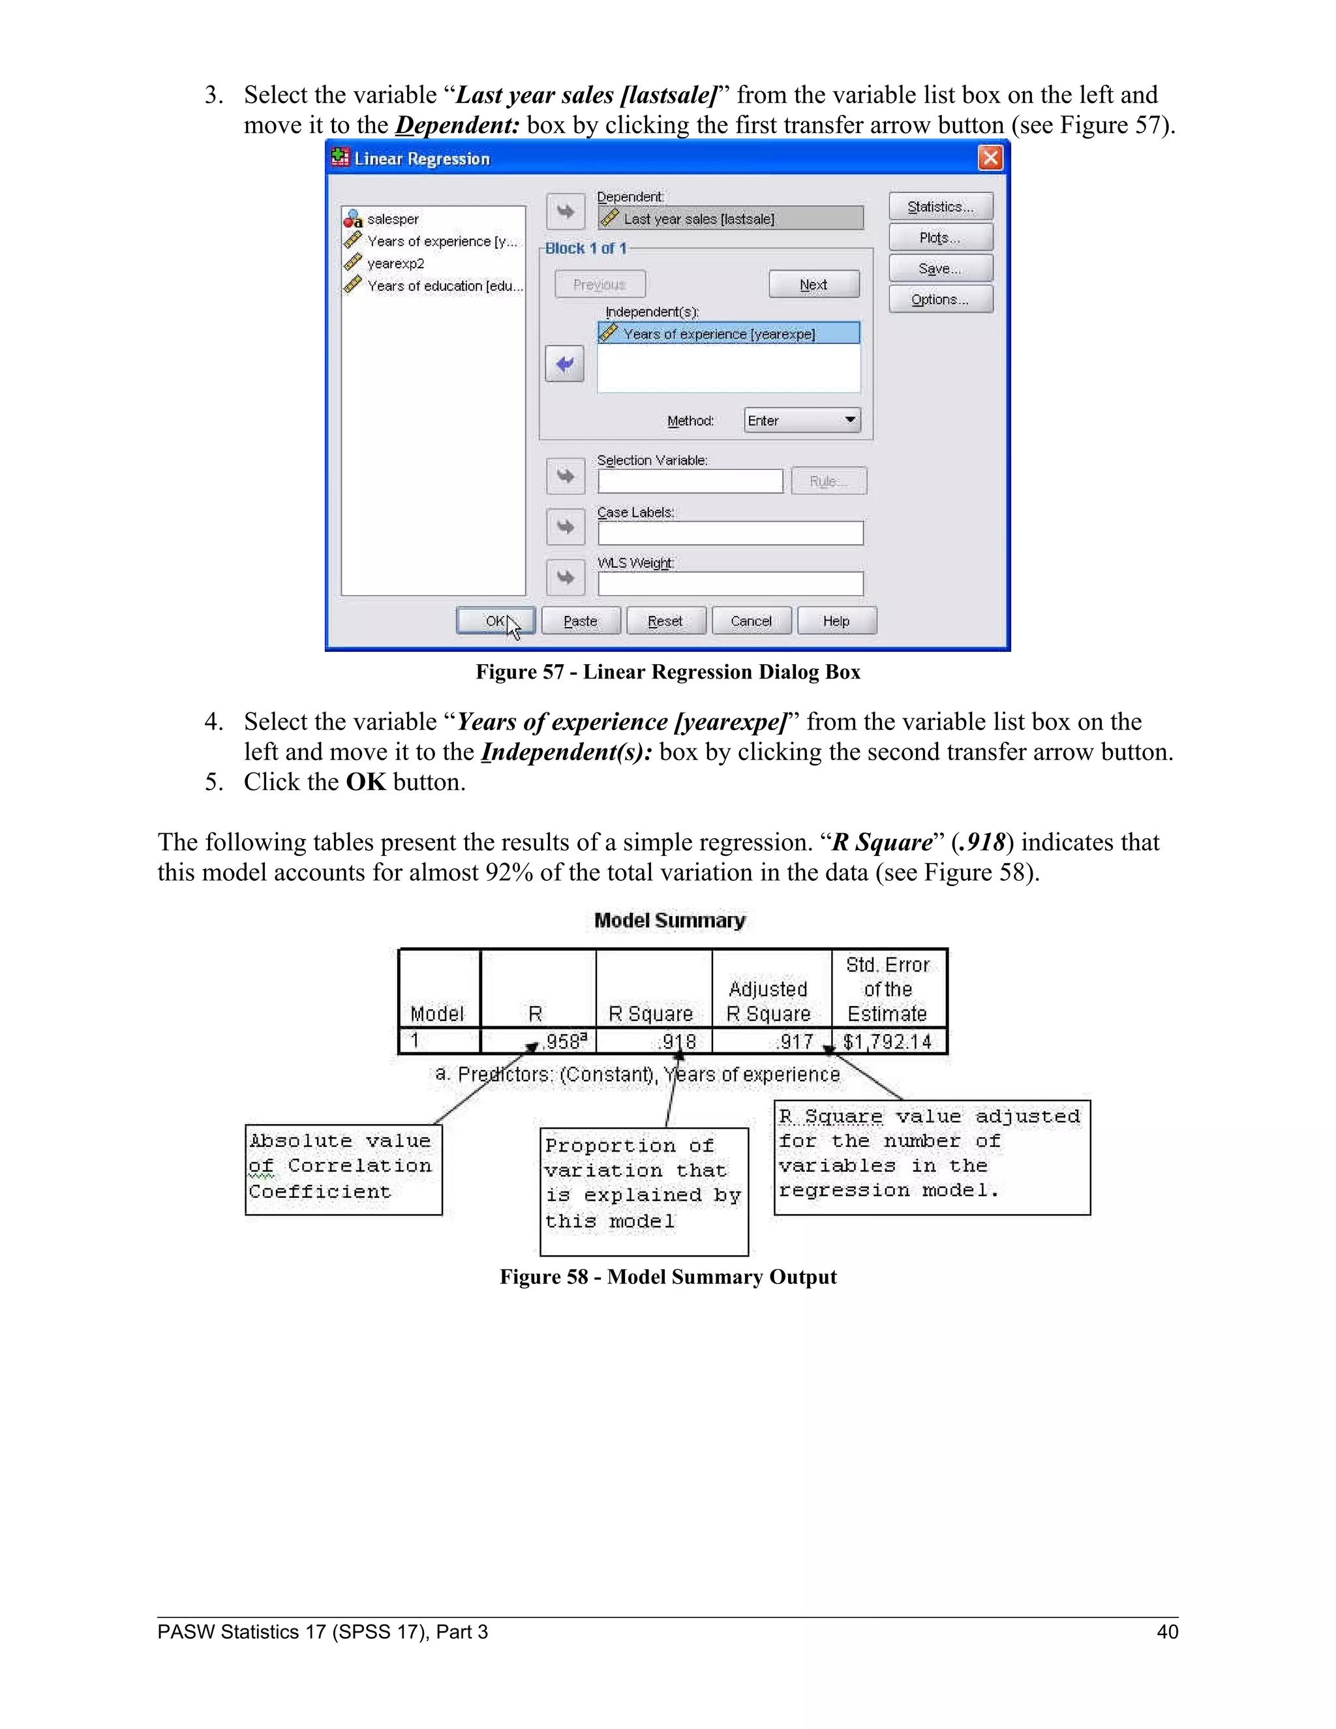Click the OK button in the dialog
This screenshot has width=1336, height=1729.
(x=496, y=620)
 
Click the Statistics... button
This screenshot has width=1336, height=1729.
(x=940, y=207)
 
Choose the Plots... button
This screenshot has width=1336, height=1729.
(x=940, y=237)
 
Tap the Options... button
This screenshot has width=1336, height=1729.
(x=940, y=299)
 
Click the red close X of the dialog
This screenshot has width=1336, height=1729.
(x=990, y=159)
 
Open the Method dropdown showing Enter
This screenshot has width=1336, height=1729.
(x=802, y=420)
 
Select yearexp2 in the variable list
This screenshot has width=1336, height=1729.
(x=396, y=264)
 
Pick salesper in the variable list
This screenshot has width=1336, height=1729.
(x=393, y=219)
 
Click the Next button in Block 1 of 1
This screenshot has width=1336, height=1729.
(x=813, y=284)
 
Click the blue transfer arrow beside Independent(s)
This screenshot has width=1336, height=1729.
(x=564, y=364)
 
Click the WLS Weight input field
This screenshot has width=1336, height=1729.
(x=730, y=584)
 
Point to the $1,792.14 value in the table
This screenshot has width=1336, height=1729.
(x=887, y=1042)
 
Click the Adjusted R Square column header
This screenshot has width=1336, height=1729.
(x=768, y=1002)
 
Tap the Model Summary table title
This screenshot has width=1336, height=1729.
(x=669, y=921)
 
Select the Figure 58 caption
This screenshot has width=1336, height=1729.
(x=668, y=1277)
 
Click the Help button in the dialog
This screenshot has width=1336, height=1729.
(x=836, y=620)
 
